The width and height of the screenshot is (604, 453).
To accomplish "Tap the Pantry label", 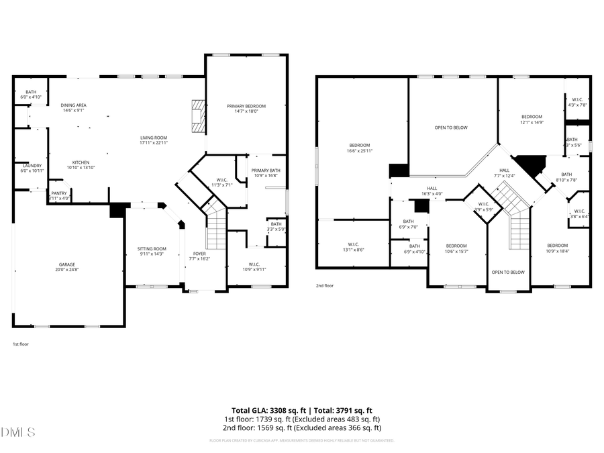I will (x=60, y=193).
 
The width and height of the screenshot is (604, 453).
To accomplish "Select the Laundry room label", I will (x=32, y=166).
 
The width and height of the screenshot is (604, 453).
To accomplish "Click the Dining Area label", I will (x=73, y=105).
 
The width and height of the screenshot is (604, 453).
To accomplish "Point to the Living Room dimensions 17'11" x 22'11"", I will (x=154, y=142).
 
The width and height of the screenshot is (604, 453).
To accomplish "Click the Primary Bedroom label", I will (x=246, y=106).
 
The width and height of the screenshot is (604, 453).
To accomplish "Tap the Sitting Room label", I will (x=152, y=249).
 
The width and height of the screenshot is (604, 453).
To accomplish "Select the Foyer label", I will (x=200, y=254).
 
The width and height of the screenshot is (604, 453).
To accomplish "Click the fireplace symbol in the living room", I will (x=197, y=115).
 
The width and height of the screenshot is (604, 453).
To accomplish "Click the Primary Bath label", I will (x=266, y=170).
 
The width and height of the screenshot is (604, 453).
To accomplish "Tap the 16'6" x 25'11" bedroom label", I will (x=360, y=146).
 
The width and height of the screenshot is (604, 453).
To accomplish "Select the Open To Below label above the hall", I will (x=451, y=128).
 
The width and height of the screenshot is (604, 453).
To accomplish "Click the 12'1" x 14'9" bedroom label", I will (x=532, y=116).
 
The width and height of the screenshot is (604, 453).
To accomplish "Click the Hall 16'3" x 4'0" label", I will (x=432, y=189).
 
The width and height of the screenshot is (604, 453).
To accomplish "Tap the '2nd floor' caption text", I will (x=325, y=285).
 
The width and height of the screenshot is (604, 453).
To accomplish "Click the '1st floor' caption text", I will (x=20, y=344).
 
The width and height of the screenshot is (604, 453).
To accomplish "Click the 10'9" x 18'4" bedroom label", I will (x=557, y=246).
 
